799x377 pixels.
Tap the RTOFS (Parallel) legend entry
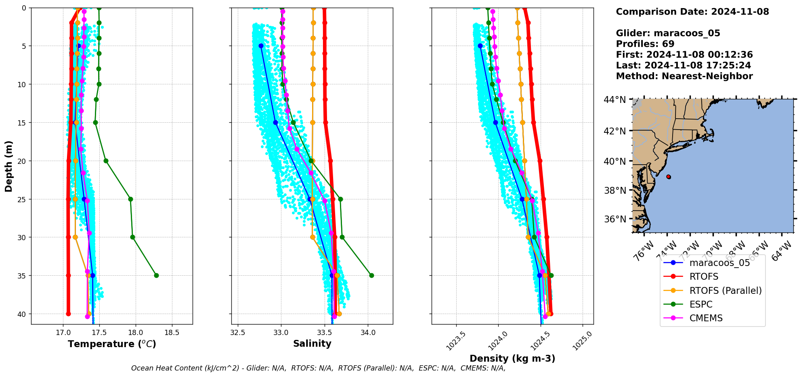coord(726,291)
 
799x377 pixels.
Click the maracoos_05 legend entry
coord(719,263)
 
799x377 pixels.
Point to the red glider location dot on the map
coord(669,177)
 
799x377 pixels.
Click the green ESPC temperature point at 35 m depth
coord(156,275)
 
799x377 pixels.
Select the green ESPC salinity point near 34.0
coord(371,275)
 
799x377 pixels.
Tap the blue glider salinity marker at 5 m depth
coord(261,46)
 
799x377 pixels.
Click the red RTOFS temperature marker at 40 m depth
coord(68,314)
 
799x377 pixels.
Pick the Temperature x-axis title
coord(112,344)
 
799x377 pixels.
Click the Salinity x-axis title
coord(312,343)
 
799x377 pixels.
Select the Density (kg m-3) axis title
coord(512,358)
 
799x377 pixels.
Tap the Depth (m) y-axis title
coord(9,166)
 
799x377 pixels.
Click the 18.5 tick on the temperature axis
coord(172,333)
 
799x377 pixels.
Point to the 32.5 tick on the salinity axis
coord(237,333)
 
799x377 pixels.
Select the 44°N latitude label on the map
coord(614,99)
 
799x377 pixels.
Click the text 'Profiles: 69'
coord(645,44)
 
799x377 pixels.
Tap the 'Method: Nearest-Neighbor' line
coord(684,76)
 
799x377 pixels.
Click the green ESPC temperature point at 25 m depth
coord(130,199)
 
